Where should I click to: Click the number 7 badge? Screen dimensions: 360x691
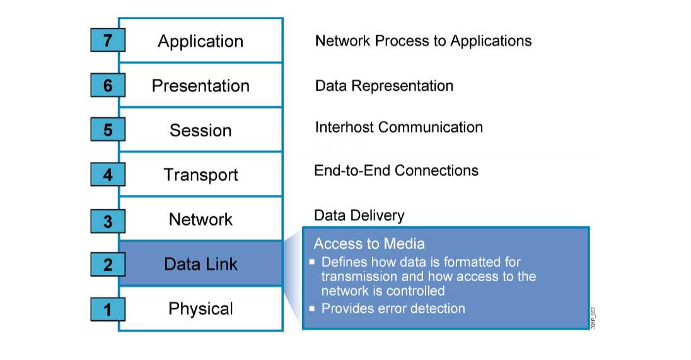pyautogui.click(x=108, y=41)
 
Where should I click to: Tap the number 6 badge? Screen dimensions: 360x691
pyautogui.click(x=108, y=85)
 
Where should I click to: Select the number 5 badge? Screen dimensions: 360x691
pyautogui.click(x=108, y=130)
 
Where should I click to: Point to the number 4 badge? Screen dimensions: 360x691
pyautogui.click(x=108, y=174)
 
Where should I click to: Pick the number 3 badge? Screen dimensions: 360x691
pyautogui.click(x=108, y=219)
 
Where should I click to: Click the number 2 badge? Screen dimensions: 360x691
pyautogui.click(x=108, y=264)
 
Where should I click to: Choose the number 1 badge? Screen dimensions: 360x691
pyautogui.click(x=108, y=309)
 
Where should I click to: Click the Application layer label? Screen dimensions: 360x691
pyautogui.click(x=200, y=42)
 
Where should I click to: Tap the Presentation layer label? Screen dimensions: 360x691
pyautogui.click(x=200, y=86)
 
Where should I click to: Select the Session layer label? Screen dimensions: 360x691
pyautogui.click(x=200, y=131)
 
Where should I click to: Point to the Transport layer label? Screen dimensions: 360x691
pyautogui.click(x=200, y=175)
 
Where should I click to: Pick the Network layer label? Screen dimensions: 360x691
pyautogui.click(x=200, y=219)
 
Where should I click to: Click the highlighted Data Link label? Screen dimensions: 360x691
pyautogui.click(x=200, y=264)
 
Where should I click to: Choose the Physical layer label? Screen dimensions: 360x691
pyautogui.click(x=200, y=309)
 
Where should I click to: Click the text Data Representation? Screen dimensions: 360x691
pyautogui.click(x=384, y=86)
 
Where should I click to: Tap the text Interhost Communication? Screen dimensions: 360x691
pyautogui.click(x=398, y=127)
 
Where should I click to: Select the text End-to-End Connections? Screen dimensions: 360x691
pyautogui.click(x=396, y=170)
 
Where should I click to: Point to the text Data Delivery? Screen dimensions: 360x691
pyautogui.click(x=359, y=216)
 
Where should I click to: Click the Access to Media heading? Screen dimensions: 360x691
pyautogui.click(x=369, y=244)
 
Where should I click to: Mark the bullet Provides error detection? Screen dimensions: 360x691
pyautogui.click(x=393, y=309)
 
